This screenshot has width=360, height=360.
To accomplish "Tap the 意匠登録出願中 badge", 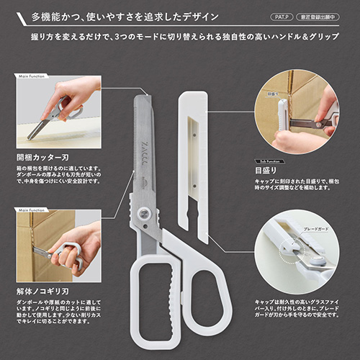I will pos(324,14).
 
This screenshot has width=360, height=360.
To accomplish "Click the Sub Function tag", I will pos(267,162).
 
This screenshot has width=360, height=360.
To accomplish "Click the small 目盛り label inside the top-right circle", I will pos(272,94).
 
